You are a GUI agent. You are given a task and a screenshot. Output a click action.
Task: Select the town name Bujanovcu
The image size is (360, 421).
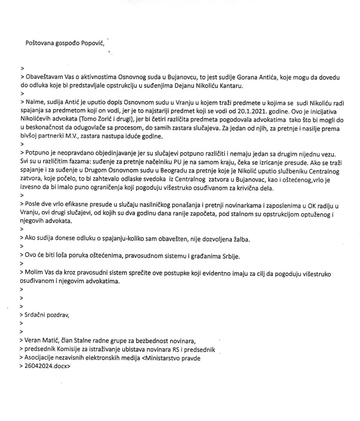point(171,78)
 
